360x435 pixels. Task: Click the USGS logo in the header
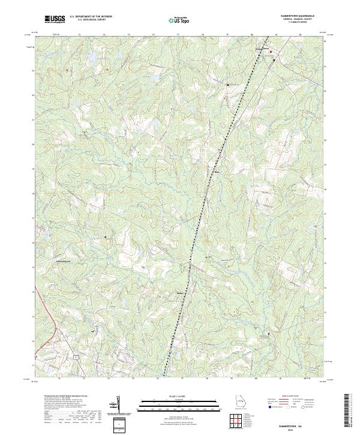click(x=54, y=19)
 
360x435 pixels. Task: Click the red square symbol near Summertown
click(x=271, y=52)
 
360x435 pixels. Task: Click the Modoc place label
click(x=179, y=293)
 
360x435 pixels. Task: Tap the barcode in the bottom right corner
click(x=349, y=414)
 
